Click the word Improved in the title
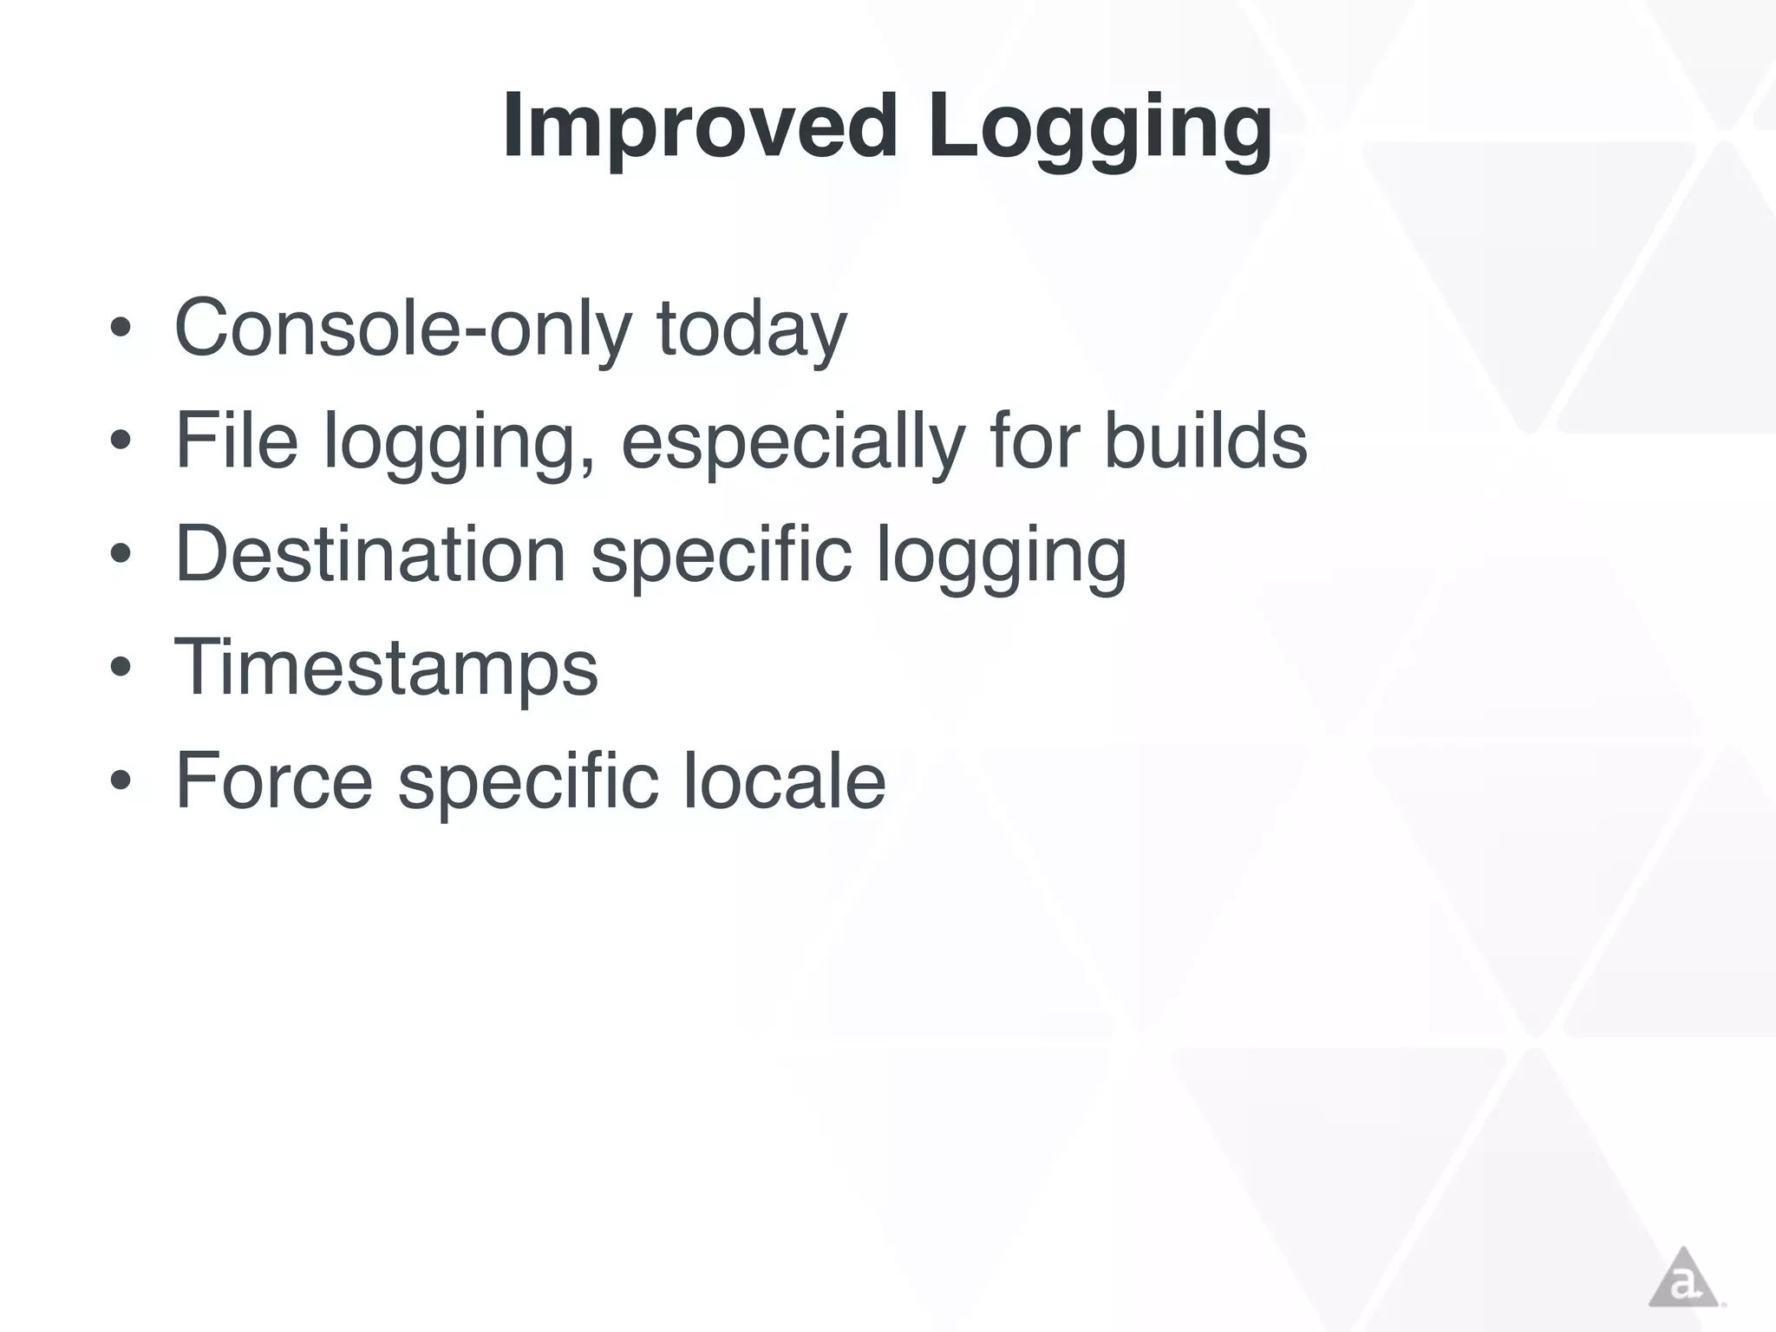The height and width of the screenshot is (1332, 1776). tap(699, 127)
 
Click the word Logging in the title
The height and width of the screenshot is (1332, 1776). tap(1099, 127)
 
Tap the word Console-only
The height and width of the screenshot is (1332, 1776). tap(402, 328)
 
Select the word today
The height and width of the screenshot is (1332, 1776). tap(751, 328)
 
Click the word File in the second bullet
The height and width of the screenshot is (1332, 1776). tap(236, 441)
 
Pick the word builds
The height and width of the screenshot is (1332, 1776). tap(1205, 441)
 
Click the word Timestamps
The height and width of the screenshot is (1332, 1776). tap(386, 667)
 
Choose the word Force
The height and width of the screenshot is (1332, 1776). tap(274, 780)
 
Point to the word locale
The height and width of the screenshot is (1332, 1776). tap(784, 780)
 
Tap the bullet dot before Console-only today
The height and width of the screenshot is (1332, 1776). tap(121, 329)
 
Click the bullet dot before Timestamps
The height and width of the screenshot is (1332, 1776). tap(121, 668)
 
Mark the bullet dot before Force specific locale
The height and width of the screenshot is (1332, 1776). tap(121, 780)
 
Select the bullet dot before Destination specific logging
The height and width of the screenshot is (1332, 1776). tap(121, 555)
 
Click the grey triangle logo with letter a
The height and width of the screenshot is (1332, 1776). tap(1683, 1278)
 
